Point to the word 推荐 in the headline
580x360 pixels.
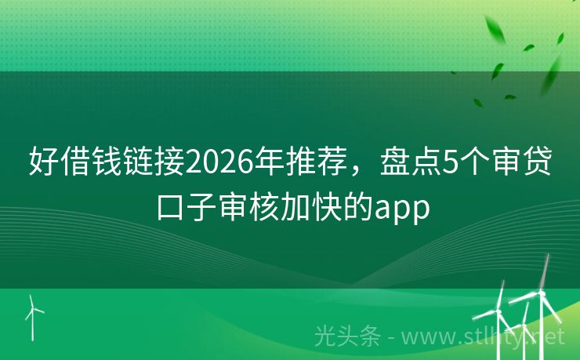click(315, 163)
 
